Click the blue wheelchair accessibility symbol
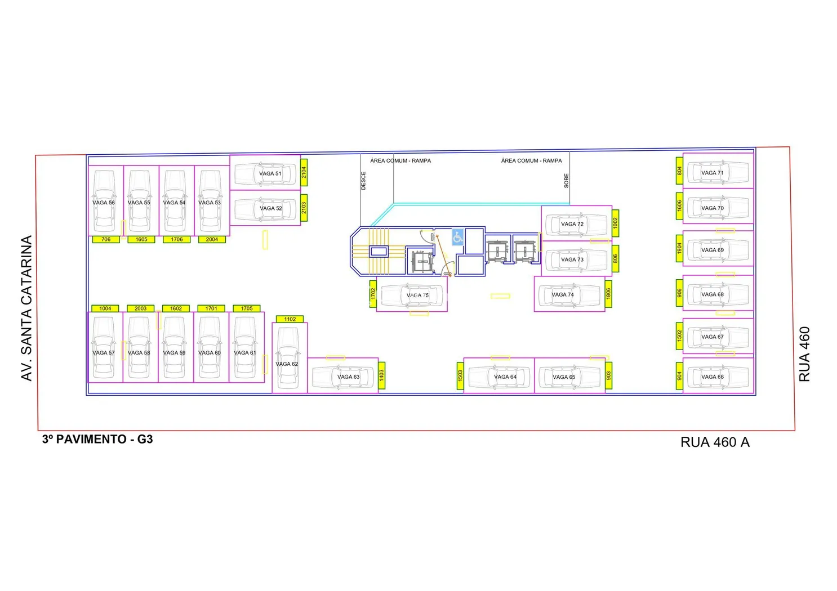tap(457, 237)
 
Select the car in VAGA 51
tap(265, 174)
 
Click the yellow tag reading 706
tap(106, 240)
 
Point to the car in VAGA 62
tap(288, 359)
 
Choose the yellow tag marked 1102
tap(290, 319)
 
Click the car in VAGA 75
tap(413, 295)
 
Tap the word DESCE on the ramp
tap(363, 181)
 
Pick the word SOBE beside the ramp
tap(566, 181)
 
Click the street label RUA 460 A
tap(715, 442)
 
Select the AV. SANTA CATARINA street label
tap(26, 308)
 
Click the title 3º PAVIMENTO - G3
tap(97, 440)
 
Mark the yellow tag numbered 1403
tap(381, 375)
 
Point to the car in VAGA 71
tap(718, 173)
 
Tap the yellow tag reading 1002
tap(615, 223)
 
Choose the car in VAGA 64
tap(499, 377)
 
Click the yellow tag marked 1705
tap(247, 308)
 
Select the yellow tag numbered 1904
tap(679, 248)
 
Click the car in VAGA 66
tap(718, 377)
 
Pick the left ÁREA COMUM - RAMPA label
tap(400, 161)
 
